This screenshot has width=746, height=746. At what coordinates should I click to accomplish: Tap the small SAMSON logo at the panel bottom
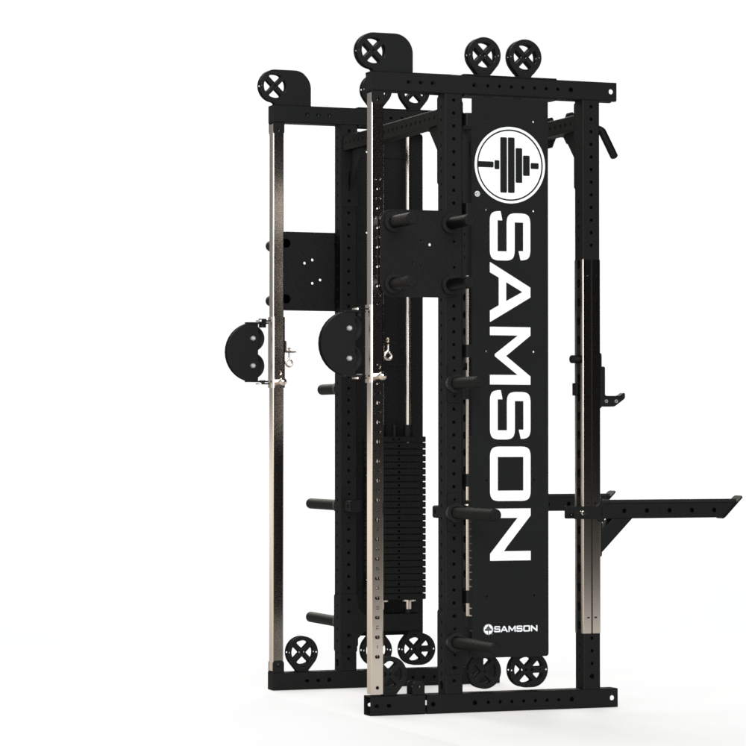(x=510, y=628)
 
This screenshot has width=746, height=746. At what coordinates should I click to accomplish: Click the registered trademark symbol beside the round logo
(x=477, y=194)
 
